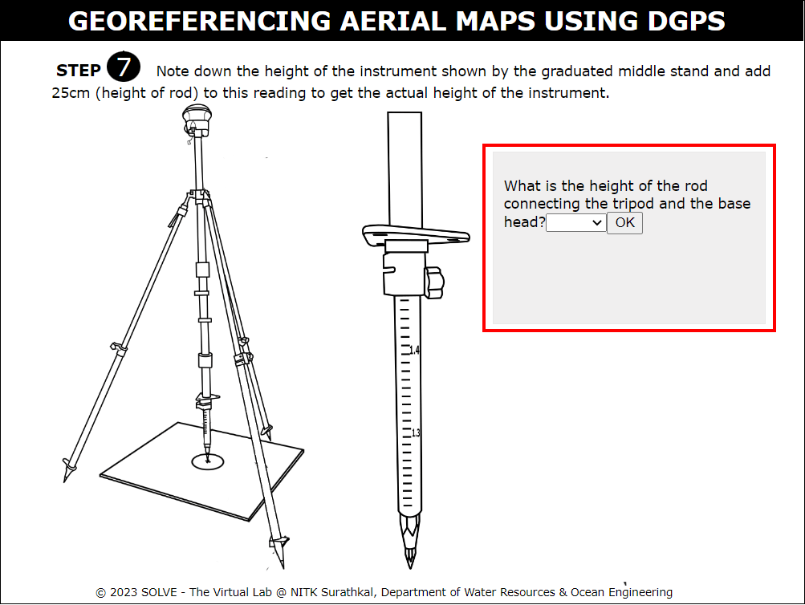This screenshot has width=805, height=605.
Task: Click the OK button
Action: pyautogui.click(x=624, y=223)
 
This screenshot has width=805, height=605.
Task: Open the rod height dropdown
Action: pyautogui.click(x=576, y=223)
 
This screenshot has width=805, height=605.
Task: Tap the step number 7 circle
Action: pyautogui.click(x=124, y=67)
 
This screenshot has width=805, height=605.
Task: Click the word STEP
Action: pyautogui.click(x=78, y=71)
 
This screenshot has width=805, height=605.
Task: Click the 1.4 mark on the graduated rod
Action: pyautogui.click(x=414, y=350)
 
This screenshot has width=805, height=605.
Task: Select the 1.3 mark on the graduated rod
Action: pyautogui.click(x=415, y=432)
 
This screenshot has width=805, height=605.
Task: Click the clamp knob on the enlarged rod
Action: pyautogui.click(x=434, y=282)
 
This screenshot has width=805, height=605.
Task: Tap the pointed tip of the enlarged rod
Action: pyautogui.click(x=409, y=566)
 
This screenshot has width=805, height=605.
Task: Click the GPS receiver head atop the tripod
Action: pyautogui.click(x=197, y=120)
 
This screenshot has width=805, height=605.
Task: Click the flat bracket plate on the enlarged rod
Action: pyautogui.click(x=415, y=234)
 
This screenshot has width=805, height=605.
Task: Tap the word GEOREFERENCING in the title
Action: pyautogui.click(x=200, y=21)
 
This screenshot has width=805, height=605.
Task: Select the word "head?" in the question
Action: pyautogui.click(x=524, y=222)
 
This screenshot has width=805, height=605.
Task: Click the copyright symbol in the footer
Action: pyautogui.click(x=100, y=593)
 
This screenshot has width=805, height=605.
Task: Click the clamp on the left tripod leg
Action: pyautogui.click(x=119, y=348)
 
